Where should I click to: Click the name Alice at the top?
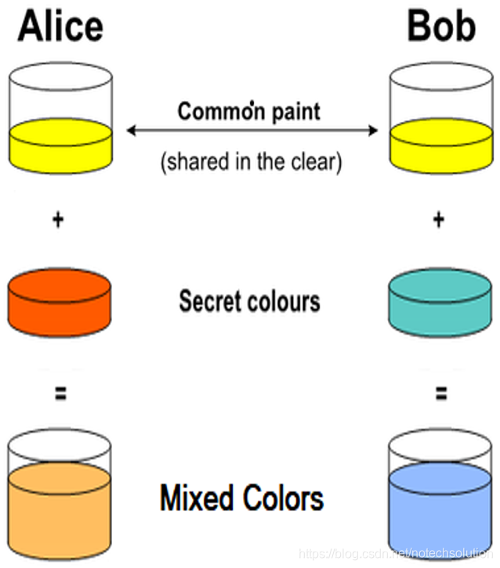(x=60, y=27)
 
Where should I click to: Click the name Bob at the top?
(x=440, y=27)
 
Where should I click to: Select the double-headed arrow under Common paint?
(x=252, y=131)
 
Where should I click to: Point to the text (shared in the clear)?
(x=251, y=163)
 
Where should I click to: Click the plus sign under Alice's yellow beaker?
(x=56, y=221)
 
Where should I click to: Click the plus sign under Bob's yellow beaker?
(x=438, y=221)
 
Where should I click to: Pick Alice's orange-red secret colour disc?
(x=60, y=302)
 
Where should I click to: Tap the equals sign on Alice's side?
(x=59, y=394)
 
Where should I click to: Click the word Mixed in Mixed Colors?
(x=197, y=498)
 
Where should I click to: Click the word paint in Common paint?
(x=295, y=112)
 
